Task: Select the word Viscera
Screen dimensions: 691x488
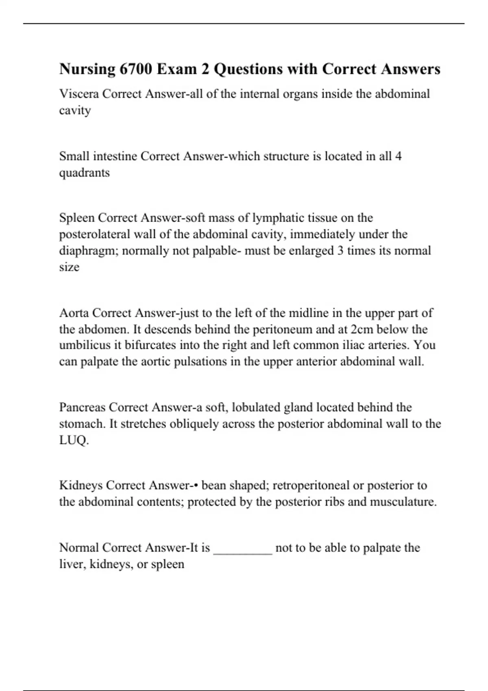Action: coord(79,94)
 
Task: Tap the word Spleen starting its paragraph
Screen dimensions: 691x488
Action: coord(77,218)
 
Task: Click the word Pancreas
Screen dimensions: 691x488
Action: coord(82,407)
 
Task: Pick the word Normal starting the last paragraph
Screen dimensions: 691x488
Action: coord(79,548)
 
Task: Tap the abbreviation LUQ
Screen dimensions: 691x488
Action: coord(73,440)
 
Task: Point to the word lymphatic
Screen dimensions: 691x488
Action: coord(278,218)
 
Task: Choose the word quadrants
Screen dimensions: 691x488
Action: coord(85,173)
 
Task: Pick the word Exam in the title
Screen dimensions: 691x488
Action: coord(175,69)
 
